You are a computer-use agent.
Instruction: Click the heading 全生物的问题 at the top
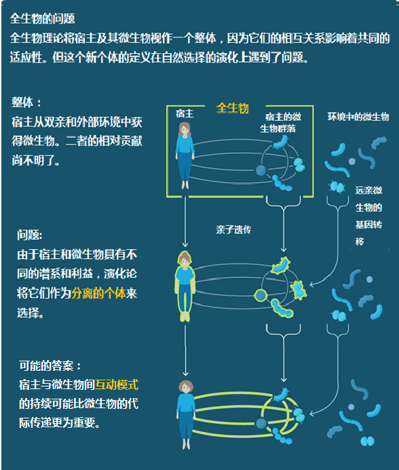coord(42,19)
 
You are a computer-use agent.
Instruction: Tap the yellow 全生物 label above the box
coord(233,108)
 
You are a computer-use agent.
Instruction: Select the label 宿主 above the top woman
coord(185,113)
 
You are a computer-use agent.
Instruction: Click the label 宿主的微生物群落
coord(280,123)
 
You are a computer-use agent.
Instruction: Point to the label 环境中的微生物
coord(358,117)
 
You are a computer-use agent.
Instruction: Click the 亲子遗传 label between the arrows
coord(233,230)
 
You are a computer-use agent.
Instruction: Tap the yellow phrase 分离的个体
coord(98,293)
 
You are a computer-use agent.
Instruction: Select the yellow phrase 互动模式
coord(117,384)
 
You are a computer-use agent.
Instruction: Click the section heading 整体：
coord(26,102)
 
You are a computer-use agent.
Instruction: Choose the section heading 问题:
coord(30,235)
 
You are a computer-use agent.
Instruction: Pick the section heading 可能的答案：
coord(50,365)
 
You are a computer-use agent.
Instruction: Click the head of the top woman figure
coord(185,129)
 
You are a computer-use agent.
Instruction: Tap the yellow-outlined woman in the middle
coord(185,286)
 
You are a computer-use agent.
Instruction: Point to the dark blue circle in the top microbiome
coord(261,170)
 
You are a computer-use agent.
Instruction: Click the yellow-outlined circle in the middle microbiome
coord(261,295)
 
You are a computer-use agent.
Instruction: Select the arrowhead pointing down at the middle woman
coord(185,245)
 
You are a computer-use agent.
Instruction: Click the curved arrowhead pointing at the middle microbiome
coord(312,284)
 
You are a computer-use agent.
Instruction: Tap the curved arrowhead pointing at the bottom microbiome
coord(312,414)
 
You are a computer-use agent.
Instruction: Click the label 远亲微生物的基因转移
coord(368,216)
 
